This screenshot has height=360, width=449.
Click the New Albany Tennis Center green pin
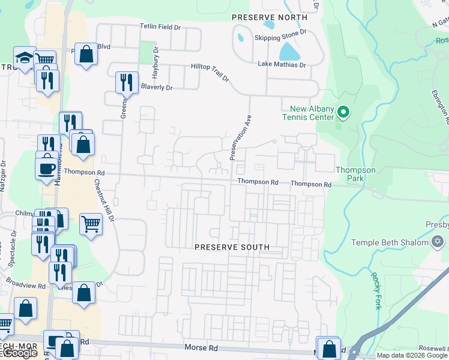click(343, 112)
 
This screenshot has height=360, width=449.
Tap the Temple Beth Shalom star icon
click(438, 242)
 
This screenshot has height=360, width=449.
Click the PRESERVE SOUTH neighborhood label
click(232, 247)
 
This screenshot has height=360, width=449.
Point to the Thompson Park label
click(355, 174)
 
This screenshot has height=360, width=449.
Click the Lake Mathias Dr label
click(282, 64)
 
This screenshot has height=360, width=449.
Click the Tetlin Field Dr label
click(160, 27)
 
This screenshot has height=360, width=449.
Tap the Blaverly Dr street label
click(156, 88)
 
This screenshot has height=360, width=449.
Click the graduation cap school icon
click(25, 57)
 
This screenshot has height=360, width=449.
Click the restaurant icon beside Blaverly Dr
click(127, 82)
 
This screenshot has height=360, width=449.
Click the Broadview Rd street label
click(25, 283)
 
